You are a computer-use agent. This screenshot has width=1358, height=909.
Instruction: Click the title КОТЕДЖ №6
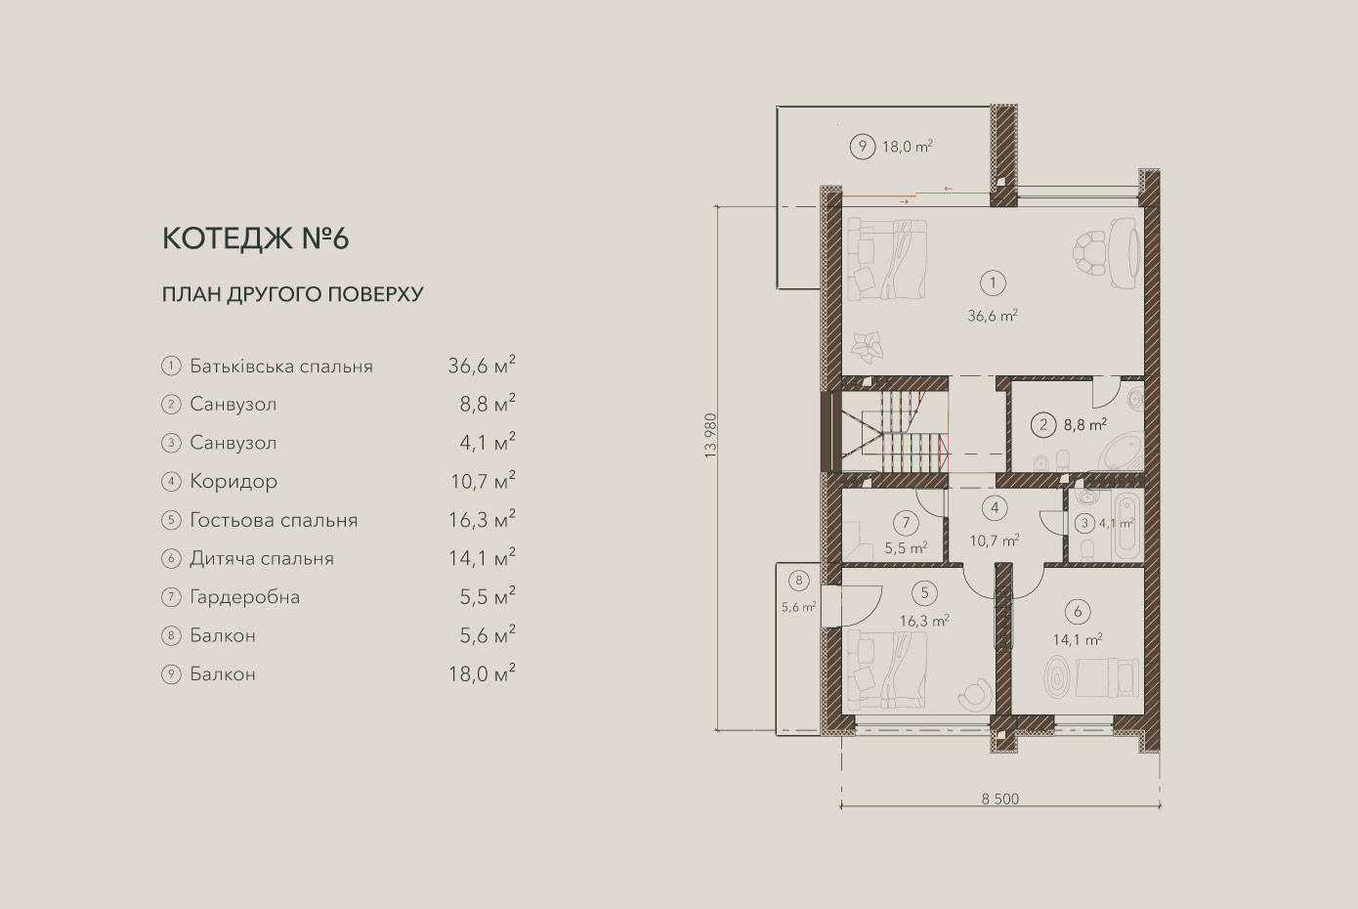(255, 238)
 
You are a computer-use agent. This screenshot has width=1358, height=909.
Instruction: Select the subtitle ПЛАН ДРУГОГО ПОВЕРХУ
(292, 295)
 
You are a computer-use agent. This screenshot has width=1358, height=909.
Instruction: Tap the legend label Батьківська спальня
(281, 367)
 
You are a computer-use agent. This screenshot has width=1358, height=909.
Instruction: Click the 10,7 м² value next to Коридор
(483, 480)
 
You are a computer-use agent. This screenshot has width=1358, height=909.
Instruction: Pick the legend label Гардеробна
(245, 597)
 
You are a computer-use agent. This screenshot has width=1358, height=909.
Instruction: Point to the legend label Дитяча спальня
(262, 558)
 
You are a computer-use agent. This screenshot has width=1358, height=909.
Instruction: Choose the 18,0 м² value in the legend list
(482, 673)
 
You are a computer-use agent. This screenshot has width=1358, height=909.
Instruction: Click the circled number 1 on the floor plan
(993, 282)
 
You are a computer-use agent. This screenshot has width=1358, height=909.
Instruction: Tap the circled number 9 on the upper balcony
(862, 147)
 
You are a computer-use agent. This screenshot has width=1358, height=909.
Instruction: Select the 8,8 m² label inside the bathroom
(1085, 424)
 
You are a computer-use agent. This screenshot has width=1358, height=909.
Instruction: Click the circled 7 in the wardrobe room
(907, 522)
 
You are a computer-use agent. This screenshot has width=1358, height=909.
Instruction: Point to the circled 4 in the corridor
(995, 508)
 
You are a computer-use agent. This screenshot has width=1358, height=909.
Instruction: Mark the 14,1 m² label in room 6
(1078, 639)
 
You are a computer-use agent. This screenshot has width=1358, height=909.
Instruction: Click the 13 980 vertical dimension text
(710, 435)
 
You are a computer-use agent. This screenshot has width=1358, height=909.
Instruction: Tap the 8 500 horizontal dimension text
(1000, 799)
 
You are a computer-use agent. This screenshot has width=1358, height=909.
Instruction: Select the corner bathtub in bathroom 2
(1122, 452)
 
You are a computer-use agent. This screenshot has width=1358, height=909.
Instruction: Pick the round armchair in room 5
(975, 694)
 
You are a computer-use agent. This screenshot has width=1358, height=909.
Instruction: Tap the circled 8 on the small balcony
(799, 581)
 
